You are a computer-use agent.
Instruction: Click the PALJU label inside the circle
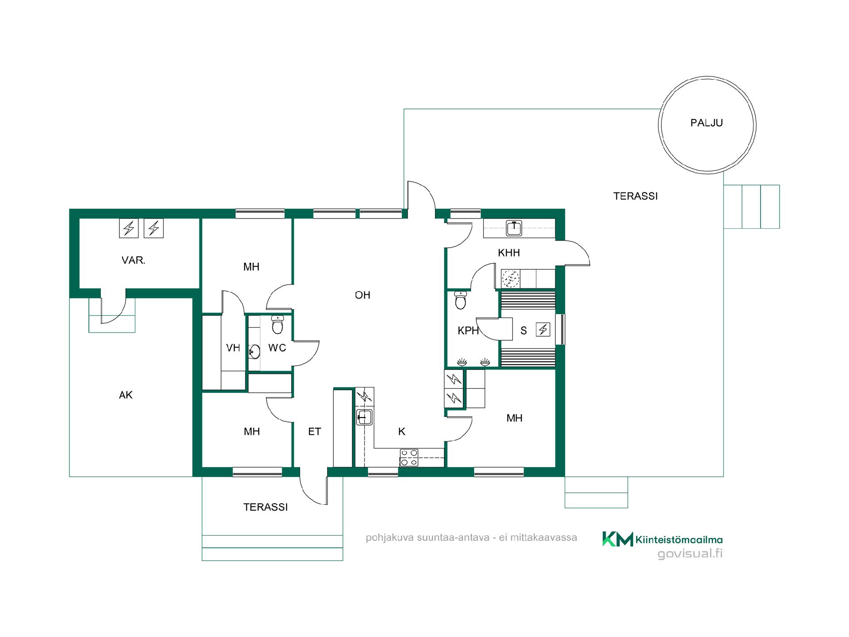point(706,123)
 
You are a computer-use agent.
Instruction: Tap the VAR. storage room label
point(134,260)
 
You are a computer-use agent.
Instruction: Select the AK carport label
point(126,395)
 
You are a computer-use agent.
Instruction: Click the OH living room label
point(363,295)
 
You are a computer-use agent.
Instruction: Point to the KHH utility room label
point(509,253)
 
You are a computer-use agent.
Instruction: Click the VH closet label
point(233,348)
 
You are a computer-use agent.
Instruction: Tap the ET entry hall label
point(314,431)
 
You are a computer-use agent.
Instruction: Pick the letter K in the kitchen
point(402,431)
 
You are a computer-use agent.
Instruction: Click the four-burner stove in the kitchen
point(409,457)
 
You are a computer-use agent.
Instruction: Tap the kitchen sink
point(364,417)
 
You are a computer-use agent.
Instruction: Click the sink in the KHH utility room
point(513,228)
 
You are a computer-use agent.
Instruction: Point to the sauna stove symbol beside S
point(543,330)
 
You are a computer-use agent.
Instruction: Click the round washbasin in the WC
point(254,352)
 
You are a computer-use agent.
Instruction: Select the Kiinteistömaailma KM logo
point(617,539)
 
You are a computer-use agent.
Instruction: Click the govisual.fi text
point(690,554)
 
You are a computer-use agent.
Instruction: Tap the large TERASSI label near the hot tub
point(635,196)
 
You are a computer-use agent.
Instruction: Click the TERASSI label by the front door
point(265,507)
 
